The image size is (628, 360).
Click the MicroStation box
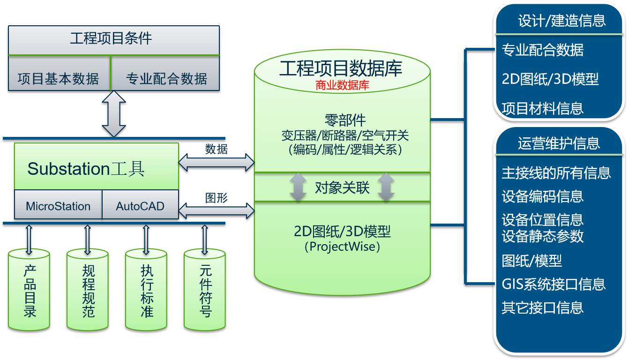coord(58,206)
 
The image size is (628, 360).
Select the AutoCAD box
coord(140,206)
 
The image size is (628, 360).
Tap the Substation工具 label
coord(86,168)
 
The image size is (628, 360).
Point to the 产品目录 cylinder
coord(29,290)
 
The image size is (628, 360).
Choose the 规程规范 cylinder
coord(88,290)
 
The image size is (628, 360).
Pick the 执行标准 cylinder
coord(146,290)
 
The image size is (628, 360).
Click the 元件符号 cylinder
coord(205,290)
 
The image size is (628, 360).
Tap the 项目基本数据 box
coord(58,78)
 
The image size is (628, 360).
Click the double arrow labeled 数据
coord(217,162)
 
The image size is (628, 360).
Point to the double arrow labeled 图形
coord(217,210)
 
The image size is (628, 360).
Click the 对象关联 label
coord(342,188)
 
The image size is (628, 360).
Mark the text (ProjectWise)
coord(342,246)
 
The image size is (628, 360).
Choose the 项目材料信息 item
coord(542,108)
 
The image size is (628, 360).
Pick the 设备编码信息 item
coord(542,196)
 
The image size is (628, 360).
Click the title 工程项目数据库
coord(341,69)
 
